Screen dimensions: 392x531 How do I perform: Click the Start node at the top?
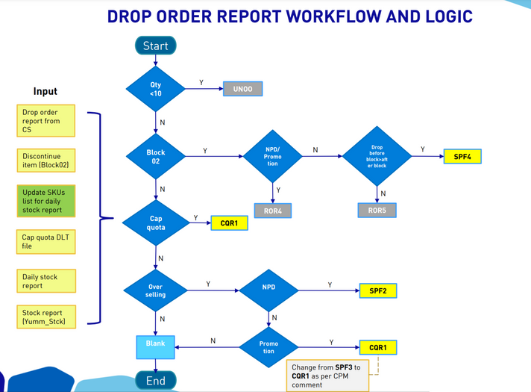click(x=155, y=46)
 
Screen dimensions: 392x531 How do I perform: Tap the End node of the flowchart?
click(x=155, y=380)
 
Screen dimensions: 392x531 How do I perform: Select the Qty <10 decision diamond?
click(x=156, y=89)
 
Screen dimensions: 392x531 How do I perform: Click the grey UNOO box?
click(x=243, y=89)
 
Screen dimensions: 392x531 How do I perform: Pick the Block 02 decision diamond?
click(x=156, y=156)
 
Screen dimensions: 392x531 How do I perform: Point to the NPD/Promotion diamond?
click(x=273, y=156)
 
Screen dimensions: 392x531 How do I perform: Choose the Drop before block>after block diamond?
click(x=377, y=156)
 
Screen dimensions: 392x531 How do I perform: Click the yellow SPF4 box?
click(x=462, y=157)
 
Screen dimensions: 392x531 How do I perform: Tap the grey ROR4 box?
click(x=272, y=211)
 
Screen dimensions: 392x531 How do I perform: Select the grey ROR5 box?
click(x=377, y=210)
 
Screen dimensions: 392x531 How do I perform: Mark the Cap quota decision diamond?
click(x=156, y=223)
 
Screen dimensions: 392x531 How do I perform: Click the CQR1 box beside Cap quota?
click(x=228, y=223)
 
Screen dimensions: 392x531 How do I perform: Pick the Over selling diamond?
click(x=156, y=290)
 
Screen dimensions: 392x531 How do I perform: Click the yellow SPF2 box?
click(x=377, y=290)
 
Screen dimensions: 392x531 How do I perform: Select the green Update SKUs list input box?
click(x=46, y=201)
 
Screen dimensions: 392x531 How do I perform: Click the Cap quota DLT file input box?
click(x=46, y=241)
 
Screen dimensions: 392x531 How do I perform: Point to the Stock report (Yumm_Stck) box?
click(x=46, y=317)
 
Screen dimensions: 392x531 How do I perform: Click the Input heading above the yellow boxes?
click(x=45, y=91)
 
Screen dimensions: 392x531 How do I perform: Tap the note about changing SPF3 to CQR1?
click(x=328, y=376)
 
